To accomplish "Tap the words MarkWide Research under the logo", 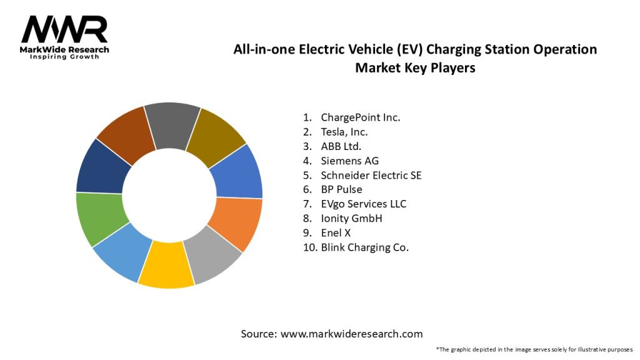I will coord(65,49).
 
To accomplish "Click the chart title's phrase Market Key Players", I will coord(415,67).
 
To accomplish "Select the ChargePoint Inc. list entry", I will coord(360,117).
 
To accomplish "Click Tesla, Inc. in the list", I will coord(344,132).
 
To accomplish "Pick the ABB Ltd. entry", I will coord(341,146).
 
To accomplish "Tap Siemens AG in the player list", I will coord(349,161).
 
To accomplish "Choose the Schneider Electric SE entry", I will coord(371,175).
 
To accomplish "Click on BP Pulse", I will coord(341,189).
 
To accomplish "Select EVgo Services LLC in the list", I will coord(363,204).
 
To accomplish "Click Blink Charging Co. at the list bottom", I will coord(364,247).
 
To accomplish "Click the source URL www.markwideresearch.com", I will coord(351,334).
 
